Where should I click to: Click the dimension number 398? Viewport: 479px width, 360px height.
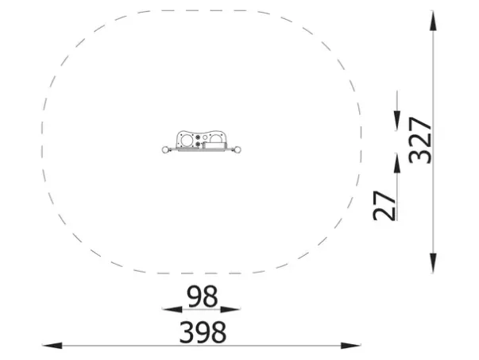[203, 332]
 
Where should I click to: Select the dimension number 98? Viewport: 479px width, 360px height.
[203, 296]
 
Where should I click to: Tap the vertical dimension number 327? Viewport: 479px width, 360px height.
[420, 141]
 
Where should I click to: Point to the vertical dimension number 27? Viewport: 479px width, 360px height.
[384, 206]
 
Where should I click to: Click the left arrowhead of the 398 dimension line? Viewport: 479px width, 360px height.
[52, 346]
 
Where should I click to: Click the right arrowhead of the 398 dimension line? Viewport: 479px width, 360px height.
[350, 346]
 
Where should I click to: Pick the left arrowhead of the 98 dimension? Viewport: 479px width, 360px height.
[172, 310]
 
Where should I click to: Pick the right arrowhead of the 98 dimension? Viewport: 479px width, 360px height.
[230, 310]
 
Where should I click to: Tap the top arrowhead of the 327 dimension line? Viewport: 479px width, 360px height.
[433, 21]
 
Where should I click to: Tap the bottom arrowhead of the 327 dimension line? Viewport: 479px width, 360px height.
[433, 263]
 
